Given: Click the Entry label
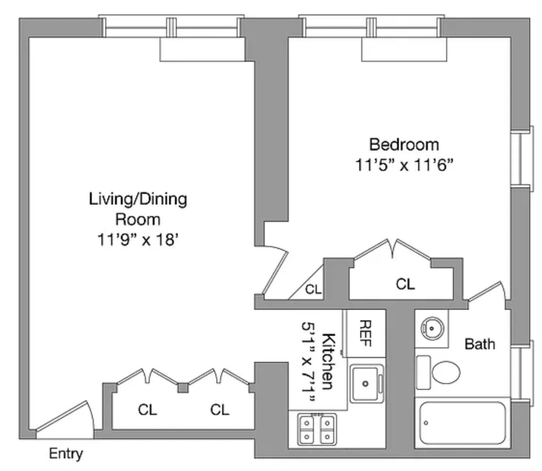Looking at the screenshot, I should (x=66, y=454).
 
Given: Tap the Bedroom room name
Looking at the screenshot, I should (x=404, y=145).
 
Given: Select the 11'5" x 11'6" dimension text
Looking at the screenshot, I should (x=404, y=165).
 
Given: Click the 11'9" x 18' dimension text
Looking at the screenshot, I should (x=137, y=240).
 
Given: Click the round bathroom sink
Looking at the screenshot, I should (x=431, y=328).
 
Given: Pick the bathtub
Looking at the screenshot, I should (x=462, y=423).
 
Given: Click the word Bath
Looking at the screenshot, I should (x=479, y=344).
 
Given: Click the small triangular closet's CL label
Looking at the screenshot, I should (x=313, y=289).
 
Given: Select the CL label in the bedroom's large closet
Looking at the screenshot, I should (x=405, y=284).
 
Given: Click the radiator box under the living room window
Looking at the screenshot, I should (x=202, y=50).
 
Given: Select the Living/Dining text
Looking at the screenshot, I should (x=138, y=199).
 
